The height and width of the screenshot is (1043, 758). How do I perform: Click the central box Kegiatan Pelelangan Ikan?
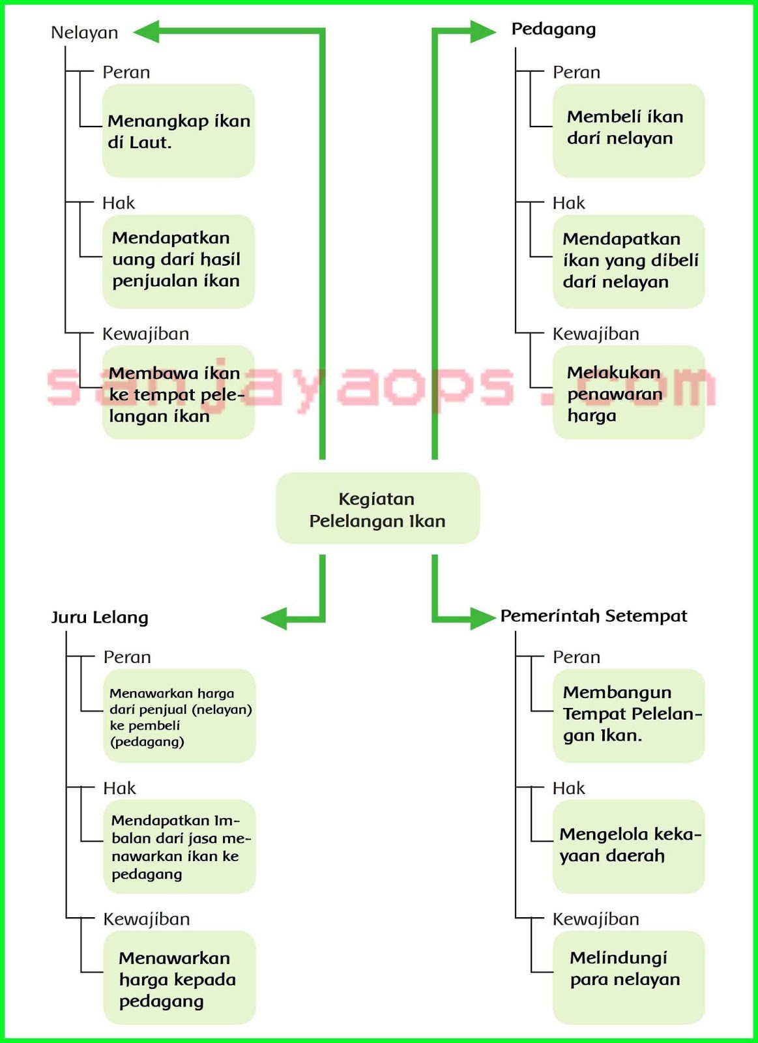[x=377, y=508]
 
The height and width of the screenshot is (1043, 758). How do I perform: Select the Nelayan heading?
[x=85, y=33]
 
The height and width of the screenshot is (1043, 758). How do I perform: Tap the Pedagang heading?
[x=553, y=29]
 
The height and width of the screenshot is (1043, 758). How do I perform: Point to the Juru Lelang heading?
[x=100, y=617]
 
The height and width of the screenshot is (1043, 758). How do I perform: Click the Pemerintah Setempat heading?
[x=593, y=616]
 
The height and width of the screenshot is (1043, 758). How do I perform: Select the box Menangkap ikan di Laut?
[x=178, y=130]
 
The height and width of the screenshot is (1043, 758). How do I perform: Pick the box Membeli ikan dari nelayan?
[x=628, y=130]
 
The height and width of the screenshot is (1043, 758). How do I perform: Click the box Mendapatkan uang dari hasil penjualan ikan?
[x=178, y=261]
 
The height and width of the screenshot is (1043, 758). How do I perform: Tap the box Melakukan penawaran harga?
[x=628, y=392]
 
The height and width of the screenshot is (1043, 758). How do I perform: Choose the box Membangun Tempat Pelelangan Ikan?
[x=628, y=715]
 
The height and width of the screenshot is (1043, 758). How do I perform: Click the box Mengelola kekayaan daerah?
[x=628, y=845]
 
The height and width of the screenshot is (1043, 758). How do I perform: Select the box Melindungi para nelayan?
[x=628, y=977]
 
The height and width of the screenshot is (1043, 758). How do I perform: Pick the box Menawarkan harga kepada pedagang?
[x=179, y=977]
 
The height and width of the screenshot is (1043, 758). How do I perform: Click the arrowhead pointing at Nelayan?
[x=147, y=31]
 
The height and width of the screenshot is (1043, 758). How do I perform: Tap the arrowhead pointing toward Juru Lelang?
[x=274, y=618]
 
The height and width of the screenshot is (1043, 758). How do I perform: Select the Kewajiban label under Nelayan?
[x=145, y=334]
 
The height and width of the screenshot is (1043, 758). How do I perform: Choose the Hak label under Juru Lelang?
[x=119, y=788]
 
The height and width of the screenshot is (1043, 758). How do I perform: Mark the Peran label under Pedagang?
[x=576, y=72]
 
